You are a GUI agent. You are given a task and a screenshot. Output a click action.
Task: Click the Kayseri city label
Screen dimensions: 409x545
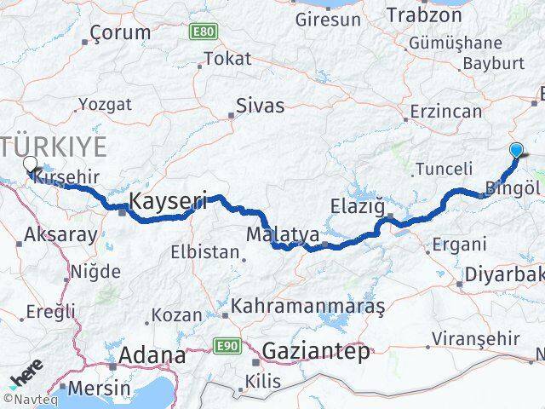[169, 202]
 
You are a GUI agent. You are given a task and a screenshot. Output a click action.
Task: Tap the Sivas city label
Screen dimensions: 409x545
[261, 107]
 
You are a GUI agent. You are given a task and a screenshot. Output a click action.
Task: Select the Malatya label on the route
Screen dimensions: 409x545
[282, 233]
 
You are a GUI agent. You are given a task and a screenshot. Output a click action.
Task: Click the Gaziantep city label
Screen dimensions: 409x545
[316, 350]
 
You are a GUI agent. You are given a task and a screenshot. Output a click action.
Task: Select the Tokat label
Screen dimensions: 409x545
[228, 59]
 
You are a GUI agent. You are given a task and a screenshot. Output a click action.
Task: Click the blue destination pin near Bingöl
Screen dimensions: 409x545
[517, 151]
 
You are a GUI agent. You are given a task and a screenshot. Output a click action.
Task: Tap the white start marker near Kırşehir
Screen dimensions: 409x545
[30, 164]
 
